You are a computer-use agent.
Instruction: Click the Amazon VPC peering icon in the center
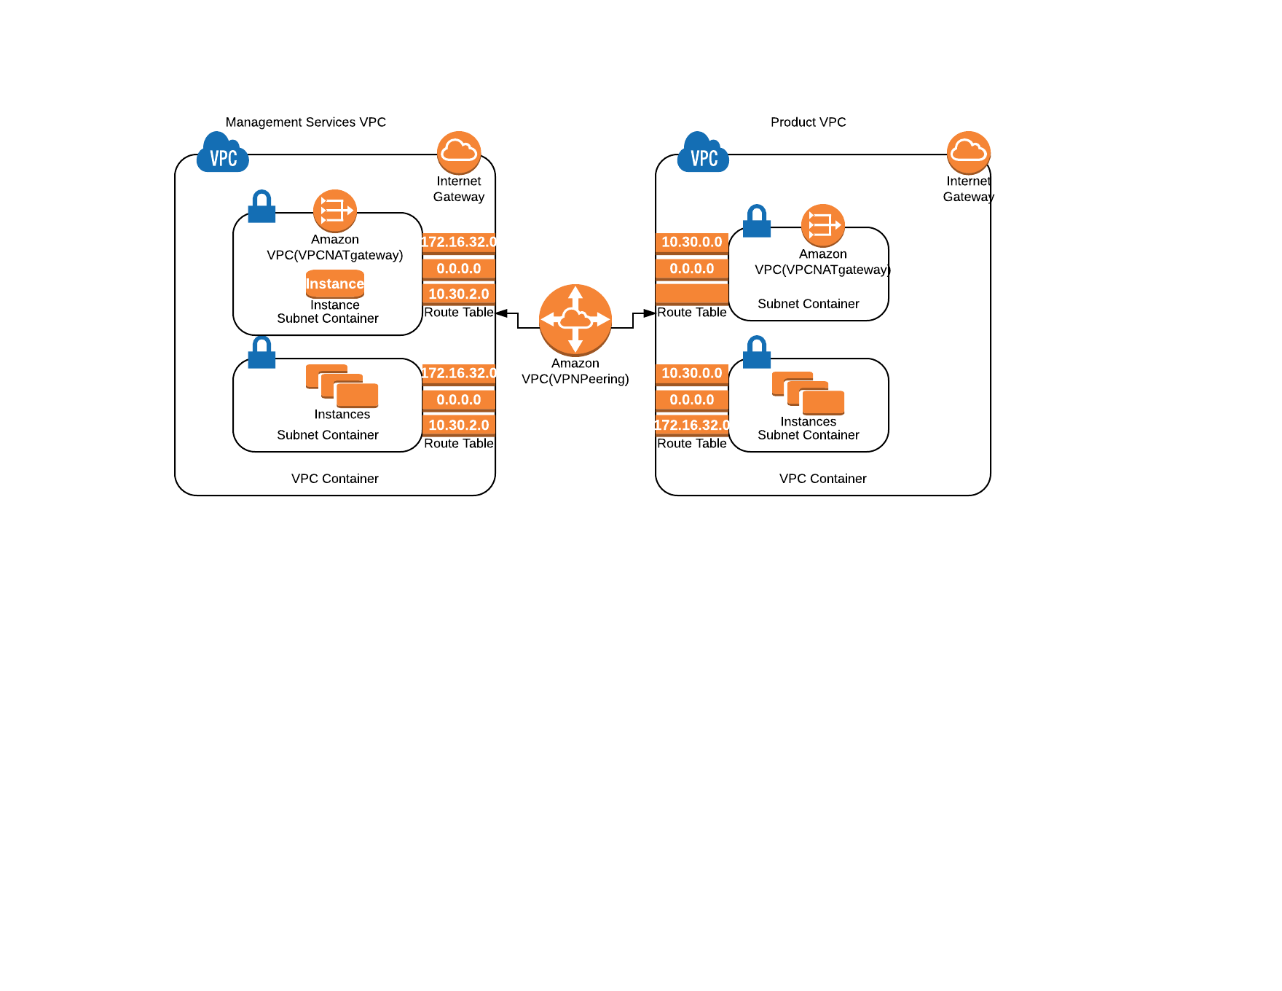click(575, 320)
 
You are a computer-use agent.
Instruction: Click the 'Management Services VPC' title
click(306, 122)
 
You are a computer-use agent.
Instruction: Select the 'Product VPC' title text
click(809, 122)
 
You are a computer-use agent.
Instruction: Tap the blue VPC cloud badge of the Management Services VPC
click(223, 152)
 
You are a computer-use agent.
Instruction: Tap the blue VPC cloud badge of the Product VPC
click(704, 152)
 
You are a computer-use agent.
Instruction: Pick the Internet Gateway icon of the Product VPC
click(969, 152)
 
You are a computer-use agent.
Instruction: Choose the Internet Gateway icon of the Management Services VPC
click(459, 152)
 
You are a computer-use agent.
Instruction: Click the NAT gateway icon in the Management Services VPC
click(335, 211)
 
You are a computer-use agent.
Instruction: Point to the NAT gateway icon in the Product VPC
click(823, 225)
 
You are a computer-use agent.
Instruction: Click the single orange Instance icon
click(335, 284)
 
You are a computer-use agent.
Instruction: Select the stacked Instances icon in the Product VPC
click(809, 393)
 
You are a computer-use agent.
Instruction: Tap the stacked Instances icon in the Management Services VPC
click(342, 386)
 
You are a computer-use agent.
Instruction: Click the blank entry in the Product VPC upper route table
click(692, 294)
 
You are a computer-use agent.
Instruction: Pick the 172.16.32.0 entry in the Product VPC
click(692, 426)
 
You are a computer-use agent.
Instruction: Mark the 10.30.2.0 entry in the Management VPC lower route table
click(459, 426)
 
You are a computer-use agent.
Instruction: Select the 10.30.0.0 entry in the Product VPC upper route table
click(692, 243)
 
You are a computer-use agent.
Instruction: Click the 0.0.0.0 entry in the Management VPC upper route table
click(459, 269)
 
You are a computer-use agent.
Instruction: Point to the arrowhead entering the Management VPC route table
click(501, 313)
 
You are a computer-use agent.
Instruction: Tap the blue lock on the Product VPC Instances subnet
click(757, 352)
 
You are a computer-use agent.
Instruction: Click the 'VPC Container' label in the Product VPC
click(823, 479)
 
